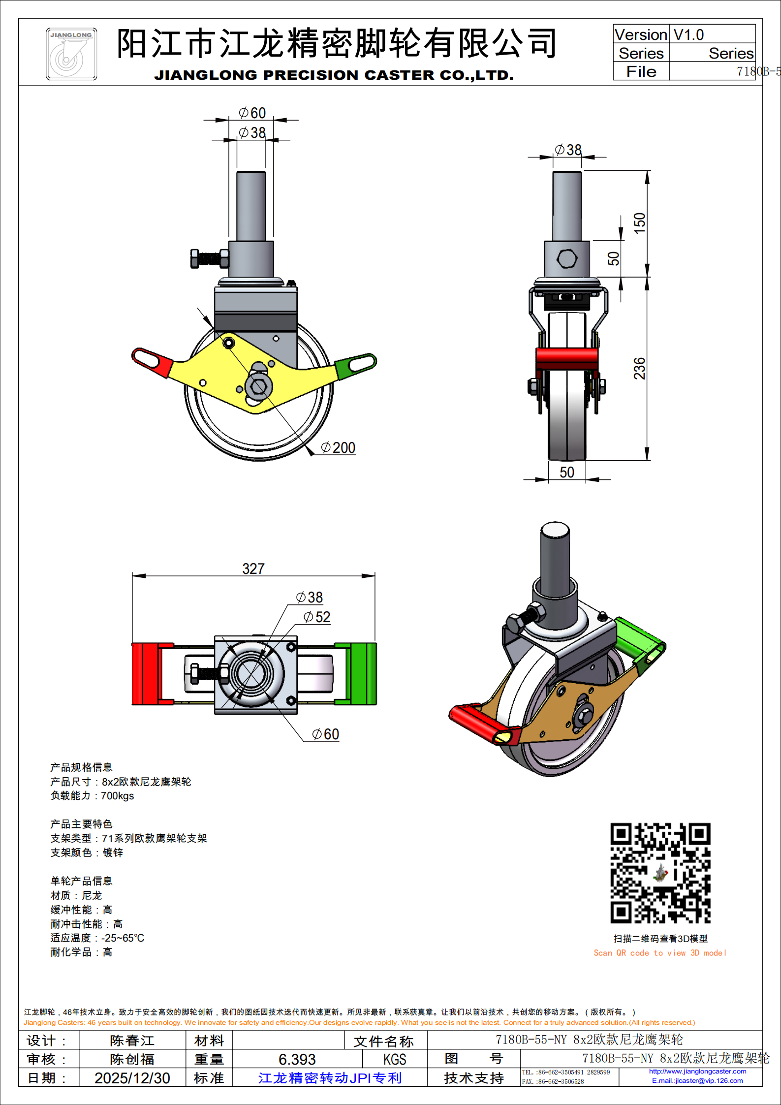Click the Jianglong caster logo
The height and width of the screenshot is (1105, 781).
click(71, 54)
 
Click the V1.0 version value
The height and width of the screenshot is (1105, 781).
click(688, 35)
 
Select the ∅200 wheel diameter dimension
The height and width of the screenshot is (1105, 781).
click(338, 447)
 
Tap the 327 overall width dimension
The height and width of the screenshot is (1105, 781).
click(253, 568)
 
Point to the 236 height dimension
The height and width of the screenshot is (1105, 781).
click(639, 368)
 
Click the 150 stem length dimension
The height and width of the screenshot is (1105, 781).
click(639, 223)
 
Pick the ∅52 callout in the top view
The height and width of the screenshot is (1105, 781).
click(317, 617)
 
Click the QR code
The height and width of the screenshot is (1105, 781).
click(660, 873)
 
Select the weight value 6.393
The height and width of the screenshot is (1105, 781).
click(297, 1059)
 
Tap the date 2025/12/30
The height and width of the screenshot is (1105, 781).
click(132, 1078)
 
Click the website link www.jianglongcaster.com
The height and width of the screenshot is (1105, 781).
click(697, 1071)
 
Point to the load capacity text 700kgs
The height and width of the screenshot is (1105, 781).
click(117, 796)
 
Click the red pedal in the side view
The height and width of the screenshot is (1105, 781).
click(152, 363)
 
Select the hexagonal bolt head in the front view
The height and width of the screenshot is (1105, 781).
click(567, 259)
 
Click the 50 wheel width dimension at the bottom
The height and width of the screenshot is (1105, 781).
click(567, 472)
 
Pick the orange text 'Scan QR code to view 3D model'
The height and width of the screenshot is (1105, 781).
click(659, 953)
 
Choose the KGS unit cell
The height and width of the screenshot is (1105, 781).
click(395, 1059)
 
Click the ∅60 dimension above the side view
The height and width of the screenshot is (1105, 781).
click(252, 113)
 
